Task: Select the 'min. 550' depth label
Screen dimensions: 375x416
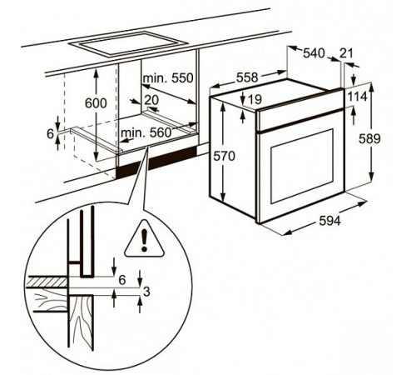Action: pyautogui.click(x=167, y=77)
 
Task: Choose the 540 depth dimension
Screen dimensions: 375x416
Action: pyautogui.click(x=313, y=53)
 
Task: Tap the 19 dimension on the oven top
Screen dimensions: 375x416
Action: pyautogui.click(x=255, y=100)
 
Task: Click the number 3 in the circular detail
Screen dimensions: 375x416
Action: pyautogui.click(x=146, y=291)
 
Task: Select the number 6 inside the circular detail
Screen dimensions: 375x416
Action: pyautogui.click(x=122, y=280)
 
